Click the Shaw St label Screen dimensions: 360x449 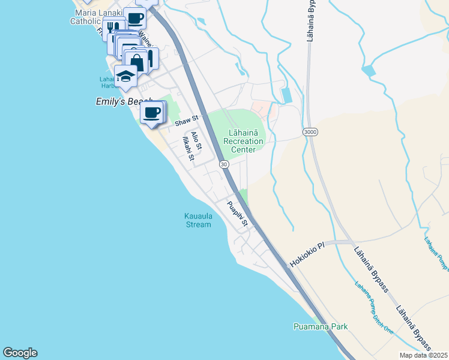pyautogui.click(x=186, y=122)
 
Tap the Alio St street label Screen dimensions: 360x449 pyautogui.click(x=196, y=140)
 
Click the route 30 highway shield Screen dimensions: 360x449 pyautogui.click(x=223, y=164)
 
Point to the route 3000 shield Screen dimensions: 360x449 pyautogui.click(x=310, y=131)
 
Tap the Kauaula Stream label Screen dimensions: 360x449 pyautogui.click(x=197, y=220)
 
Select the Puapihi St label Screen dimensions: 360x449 pyautogui.click(x=238, y=214)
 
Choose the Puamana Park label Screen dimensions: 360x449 pyautogui.click(x=321, y=327)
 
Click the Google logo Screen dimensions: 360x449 pyautogui.click(x=20, y=353)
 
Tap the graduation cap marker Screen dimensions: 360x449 pyautogui.click(x=126, y=76)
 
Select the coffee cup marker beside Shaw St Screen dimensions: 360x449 pyautogui.click(x=152, y=112)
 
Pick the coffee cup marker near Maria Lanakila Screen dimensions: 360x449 pyautogui.click(x=135, y=18)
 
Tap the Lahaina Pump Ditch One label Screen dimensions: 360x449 pyautogui.click(x=373, y=307)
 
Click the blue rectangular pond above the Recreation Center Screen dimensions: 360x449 pyautogui.click(x=286, y=95)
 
